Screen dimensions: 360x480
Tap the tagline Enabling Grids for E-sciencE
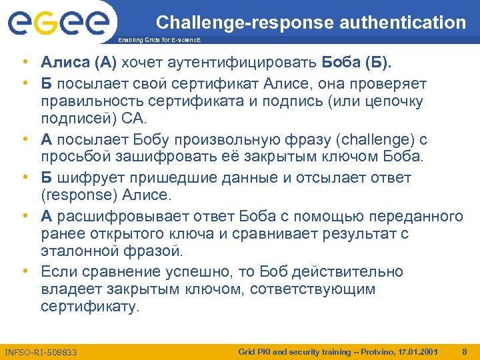(x=158, y=41)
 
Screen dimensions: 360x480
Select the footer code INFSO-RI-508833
(x=41, y=351)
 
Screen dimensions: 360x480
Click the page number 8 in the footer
(x=464, y=351)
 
